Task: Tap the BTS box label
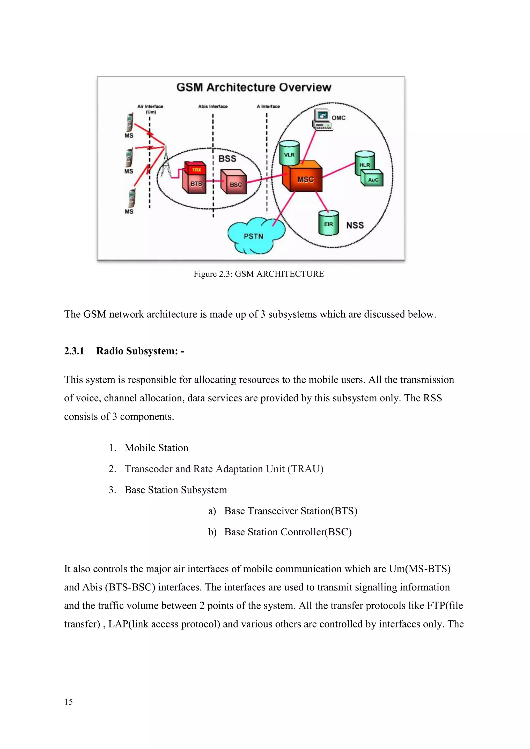(x=196, y=184)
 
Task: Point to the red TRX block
(x=196, y=169)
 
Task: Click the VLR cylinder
(x=289, y=153)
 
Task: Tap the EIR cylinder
(x=328, y=223)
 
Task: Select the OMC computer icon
(x=322, y=120)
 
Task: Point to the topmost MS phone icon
(x=130, y=122)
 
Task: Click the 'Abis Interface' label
(x=213, y=106)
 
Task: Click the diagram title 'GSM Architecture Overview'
(x=254, y=87)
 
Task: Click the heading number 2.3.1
(x=74, y=351)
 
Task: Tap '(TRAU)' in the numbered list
(x=305, y=469)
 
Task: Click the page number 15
(x=69, y=702)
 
